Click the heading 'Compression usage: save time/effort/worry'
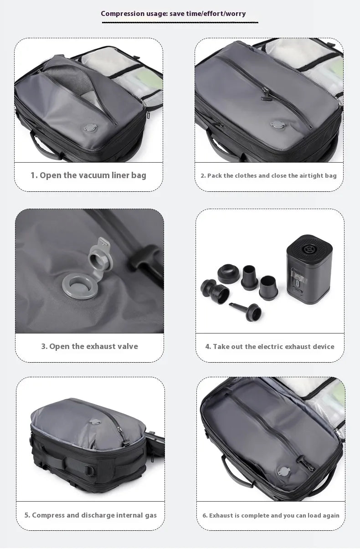coord(173,14)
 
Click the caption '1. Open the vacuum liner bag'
coord(88,175)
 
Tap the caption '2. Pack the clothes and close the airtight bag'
coord(268,175)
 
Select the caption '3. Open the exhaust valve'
coord(89,346)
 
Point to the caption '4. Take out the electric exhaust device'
coord(270,346)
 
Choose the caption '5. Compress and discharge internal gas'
coord(90,515)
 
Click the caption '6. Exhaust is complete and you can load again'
coord(271,515)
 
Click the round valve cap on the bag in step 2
coord(278,124)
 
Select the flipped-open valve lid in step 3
coord(100,254)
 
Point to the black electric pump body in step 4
coord(309,269)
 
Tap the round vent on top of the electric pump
coord(308,250)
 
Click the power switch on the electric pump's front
coord(297,283)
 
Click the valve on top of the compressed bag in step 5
coord(95,422)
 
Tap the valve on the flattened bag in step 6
coord(284,472)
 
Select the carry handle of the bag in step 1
coord(46,147)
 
